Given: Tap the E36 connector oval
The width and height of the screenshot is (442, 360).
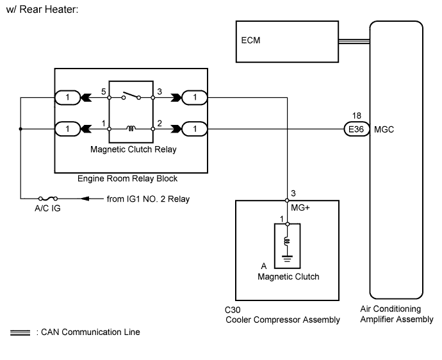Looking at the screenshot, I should click(x=354, y=129).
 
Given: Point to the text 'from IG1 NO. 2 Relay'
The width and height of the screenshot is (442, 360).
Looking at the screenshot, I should click(x=148, y=199).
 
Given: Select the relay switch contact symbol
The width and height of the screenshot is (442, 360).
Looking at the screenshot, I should click(x=131, y=97).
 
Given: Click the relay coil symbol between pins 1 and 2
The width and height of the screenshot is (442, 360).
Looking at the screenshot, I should click(x=131, y=129).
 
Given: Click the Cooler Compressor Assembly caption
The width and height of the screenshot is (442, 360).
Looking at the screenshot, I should click(x=282, y=320).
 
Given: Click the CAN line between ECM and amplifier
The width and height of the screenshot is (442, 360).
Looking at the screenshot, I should click(x=354, y=43).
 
